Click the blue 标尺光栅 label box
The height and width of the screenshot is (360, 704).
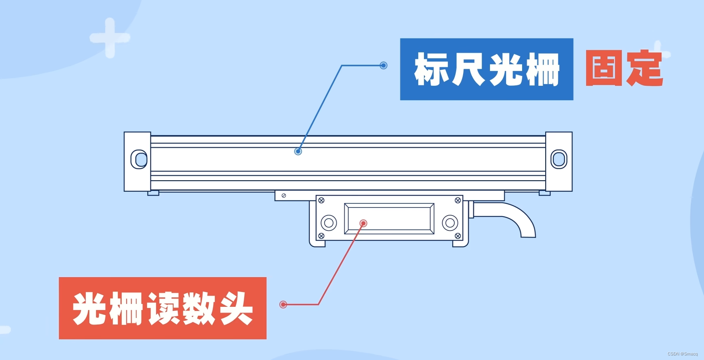[486, 69]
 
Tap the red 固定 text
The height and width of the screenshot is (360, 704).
[624, 68]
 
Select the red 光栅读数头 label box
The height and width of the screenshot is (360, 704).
[162, 308]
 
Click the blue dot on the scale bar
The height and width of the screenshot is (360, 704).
[298, 151]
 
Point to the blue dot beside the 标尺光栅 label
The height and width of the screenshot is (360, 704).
[384, 65]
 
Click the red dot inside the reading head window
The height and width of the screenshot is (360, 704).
[363, 224]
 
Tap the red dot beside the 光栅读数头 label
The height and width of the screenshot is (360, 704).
[283, 304]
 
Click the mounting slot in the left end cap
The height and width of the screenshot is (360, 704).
[139, 159]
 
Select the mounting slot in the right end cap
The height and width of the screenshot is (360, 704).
[559, 159]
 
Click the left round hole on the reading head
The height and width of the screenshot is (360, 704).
[329, 223]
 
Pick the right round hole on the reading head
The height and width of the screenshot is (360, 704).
[450, 223]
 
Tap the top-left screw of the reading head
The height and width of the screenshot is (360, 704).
[321, 200]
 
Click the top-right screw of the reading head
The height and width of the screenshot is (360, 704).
[457, 200]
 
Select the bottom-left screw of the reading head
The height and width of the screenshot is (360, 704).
[321, 236]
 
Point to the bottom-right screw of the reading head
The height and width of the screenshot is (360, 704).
[457, 236]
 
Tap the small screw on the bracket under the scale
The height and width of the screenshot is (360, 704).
[284, 195]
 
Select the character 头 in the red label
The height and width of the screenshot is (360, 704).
[236, 308]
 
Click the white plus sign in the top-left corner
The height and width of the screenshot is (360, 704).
[110, 38]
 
